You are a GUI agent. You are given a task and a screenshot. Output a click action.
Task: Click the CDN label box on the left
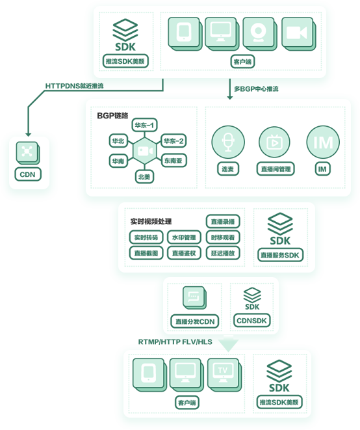coord(28,174)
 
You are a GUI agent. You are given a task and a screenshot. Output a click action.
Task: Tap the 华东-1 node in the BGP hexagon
coord(144,126)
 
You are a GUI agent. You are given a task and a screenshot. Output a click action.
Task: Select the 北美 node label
coord(144,177)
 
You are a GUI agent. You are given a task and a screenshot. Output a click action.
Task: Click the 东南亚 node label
coord(173,161)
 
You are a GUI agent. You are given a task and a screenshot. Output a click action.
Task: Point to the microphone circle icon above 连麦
coord(228,142)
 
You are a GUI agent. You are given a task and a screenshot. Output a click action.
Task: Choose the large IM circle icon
coord(323,142)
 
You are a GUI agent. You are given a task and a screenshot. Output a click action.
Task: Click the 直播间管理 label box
coord(276,169)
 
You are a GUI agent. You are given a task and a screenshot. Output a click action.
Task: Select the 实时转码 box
coord(146,237)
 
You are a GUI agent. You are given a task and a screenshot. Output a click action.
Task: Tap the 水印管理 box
coord(184,237)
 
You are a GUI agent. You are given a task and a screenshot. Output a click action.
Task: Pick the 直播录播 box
coord(223,222)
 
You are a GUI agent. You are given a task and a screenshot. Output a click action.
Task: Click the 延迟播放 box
coord(223,253)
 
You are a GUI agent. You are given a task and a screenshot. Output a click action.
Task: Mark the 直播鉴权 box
coord(184,253)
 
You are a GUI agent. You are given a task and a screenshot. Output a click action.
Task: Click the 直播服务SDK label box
coord(280,255)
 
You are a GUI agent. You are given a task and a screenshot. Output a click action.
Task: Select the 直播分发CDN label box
coord(195,321)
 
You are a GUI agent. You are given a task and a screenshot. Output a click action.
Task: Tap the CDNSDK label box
coord(251,321)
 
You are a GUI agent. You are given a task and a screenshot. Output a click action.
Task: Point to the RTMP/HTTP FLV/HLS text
coord(175,342)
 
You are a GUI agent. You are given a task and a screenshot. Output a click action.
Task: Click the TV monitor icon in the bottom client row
coord(224,374)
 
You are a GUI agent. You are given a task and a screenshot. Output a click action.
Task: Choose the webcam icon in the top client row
coord(259,34)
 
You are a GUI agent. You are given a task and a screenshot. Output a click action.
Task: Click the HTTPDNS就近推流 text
coord(74,86)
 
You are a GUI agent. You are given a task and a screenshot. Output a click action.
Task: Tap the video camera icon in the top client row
coord(298,34)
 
